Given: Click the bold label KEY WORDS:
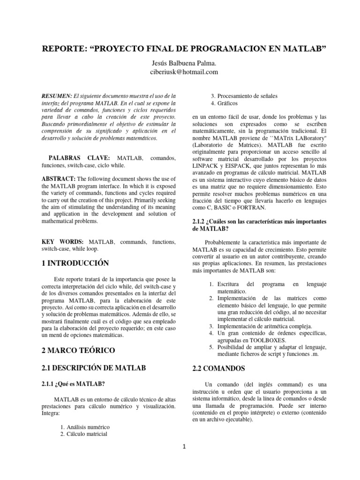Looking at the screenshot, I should click(x=63, y=242).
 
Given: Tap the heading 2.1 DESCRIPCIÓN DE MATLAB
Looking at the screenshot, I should click(x=94, y=368).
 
